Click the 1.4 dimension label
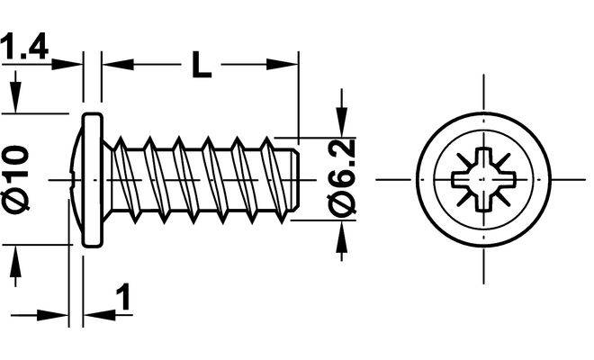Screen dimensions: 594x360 coord(24,47)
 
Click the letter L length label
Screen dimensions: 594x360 coord(202,65)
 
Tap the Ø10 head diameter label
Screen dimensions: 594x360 coord(16,178)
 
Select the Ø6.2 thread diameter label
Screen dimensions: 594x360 coord(341,178)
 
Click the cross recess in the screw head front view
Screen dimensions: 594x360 coord(484,179)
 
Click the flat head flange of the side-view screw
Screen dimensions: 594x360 coord(93,180)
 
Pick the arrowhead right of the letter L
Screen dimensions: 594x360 coord(282,65)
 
